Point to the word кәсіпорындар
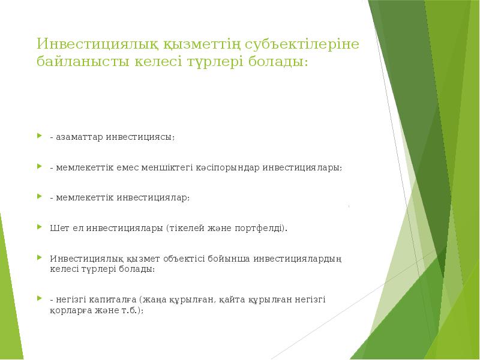229,167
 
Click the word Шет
59,228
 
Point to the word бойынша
229,259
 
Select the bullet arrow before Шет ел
39,227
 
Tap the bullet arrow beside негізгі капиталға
39,298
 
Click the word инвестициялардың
298,259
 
